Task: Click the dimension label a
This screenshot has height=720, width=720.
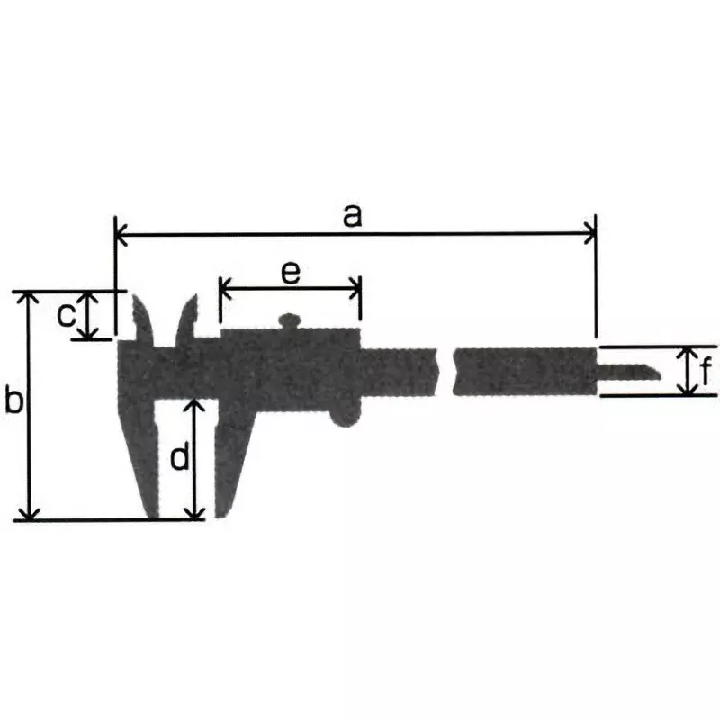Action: coord(353,215)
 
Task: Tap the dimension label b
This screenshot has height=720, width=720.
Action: coord(13,400)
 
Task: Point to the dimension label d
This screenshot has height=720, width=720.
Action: coord(180,459)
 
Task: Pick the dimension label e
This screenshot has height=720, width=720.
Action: coord(289,273)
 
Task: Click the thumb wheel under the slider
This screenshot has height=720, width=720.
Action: coord(346,412)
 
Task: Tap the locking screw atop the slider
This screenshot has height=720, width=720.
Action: coord(290,319)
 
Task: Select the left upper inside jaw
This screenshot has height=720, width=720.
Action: coord(144,319)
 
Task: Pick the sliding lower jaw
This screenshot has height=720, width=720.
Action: coord(230,454)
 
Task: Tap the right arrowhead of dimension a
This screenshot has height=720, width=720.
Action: coord(589,235)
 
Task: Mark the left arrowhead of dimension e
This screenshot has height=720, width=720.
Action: coord(225,289)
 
